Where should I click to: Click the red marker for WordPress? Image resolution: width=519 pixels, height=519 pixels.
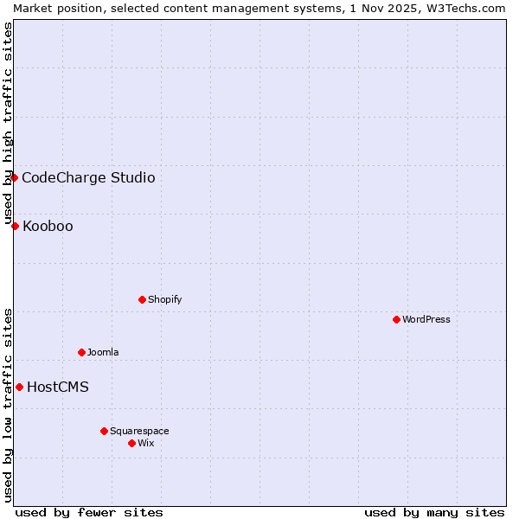click(x=396, y=319)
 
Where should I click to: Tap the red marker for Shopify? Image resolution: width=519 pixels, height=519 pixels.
click(x=142, y=299)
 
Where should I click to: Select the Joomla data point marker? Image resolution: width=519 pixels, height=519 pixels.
click(x=81, y=352)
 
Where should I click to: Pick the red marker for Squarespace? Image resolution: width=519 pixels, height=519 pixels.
click(x=104, y=431)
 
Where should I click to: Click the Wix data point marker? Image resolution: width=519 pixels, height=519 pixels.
click(x=131, y=443)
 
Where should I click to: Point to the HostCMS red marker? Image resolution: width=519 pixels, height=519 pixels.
click(x=19, y=387)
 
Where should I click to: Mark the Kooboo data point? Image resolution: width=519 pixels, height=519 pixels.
click(x=15, y=226)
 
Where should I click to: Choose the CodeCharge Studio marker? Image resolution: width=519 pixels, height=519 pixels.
click(x=14, y=177)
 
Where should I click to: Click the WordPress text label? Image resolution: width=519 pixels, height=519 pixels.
click(x=426, y=319)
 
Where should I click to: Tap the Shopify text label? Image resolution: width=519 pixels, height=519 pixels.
click(x=165, y=299)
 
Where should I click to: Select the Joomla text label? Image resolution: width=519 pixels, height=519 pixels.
click(x=103, y=352)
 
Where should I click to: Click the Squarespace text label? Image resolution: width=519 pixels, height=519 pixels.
click(x=139, y=431)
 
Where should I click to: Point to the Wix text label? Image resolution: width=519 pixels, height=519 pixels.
click(x=146, y=443)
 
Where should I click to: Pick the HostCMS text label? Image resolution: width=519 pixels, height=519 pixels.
click(x=58, y=387)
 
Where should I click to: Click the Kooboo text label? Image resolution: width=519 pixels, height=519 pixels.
click(x=48, y=226)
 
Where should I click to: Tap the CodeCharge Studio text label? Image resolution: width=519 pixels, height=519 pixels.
click(x=88, y=177)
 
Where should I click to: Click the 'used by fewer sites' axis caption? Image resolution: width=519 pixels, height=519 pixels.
click(x=89, y=512)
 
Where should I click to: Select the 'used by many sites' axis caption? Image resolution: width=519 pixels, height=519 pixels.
click(x=434, y=512)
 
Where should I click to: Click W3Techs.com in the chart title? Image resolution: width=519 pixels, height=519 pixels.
click(x=466, y=8)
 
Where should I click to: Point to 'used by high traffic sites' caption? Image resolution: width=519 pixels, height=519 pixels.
click(x=8, y=123)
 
